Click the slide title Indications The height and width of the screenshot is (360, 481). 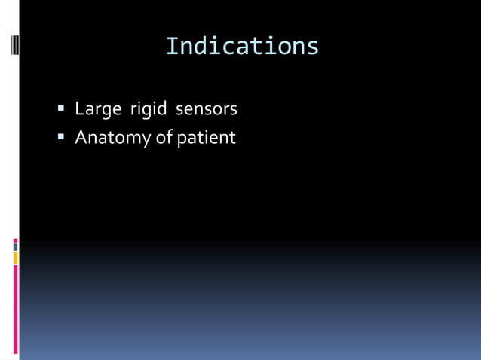click(242, 46)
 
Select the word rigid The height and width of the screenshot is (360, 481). click(148, 110)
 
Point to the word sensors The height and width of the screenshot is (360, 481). click(206, 110)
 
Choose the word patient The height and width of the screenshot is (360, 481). click(206, 139)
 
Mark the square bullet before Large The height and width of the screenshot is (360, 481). click(62, 110)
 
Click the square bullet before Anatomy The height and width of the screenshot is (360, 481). click(62, 138)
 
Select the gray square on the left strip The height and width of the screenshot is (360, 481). click(15, 247)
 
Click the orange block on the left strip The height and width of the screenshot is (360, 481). click(15, 258)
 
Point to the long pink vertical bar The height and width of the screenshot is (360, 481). click(15, 309)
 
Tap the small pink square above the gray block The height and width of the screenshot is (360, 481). click(15, 240)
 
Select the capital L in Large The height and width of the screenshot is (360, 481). click(79, 110)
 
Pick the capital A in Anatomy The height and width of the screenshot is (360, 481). click(81, 139)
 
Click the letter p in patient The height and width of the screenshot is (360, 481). click(181, 140)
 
